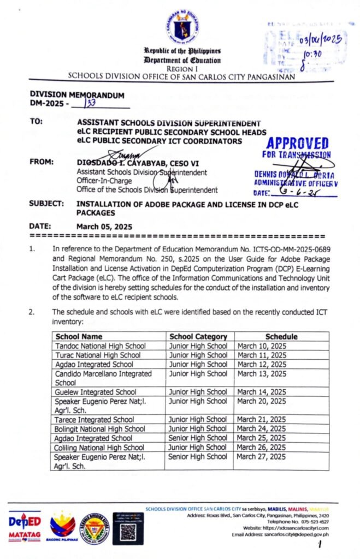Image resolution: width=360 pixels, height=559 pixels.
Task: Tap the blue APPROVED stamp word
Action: pos(297,144)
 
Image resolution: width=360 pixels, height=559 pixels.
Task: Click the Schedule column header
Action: pos(281,336)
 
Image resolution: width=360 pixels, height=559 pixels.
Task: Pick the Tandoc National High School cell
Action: pos(101,346)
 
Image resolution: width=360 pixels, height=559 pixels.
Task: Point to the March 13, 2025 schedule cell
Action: pos(262,373)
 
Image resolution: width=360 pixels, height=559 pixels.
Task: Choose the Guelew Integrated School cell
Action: pos(96,391)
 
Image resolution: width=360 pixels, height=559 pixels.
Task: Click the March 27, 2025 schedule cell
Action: pos(262,456)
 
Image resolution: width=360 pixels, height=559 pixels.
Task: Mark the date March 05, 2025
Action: pos(104,227)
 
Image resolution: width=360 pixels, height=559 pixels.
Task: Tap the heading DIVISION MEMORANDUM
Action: pos(76,94)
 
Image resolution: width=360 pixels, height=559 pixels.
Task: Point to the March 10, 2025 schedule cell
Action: pos(262,346)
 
